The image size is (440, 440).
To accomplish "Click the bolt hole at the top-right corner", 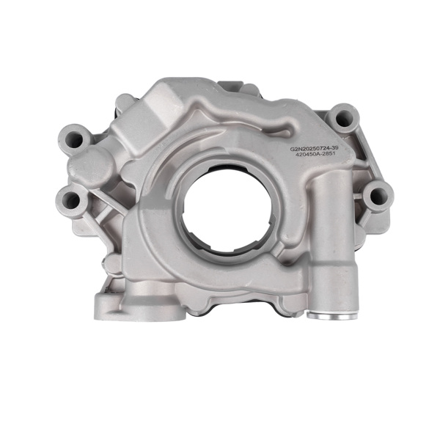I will tap(340, 116).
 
